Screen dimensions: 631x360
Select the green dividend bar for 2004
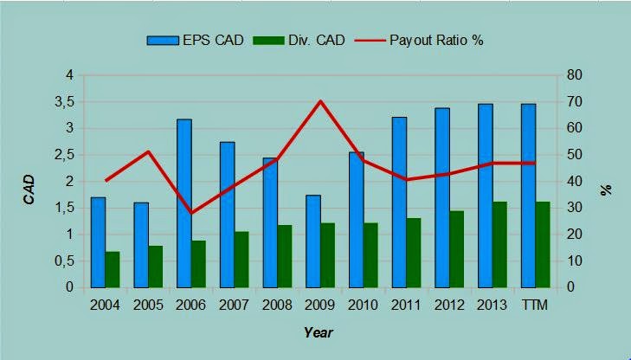coord(113,269)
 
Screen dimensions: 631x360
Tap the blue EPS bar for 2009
coord(313,241)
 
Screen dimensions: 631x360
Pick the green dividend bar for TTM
coord(543,245)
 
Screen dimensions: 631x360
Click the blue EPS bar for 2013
coord(486,196)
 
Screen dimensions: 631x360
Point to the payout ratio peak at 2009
coord(320,100)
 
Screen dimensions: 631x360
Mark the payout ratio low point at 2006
coord(191,213)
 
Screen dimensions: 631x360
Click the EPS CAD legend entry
coord(195,40)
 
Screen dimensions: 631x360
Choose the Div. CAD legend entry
coord(299,40)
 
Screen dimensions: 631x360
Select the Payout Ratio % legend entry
coord(419,40)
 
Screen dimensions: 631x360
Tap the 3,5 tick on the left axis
coord(65,102)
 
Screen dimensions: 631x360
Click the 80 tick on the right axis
coord(574,75)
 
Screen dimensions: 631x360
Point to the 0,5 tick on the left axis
coord(65,261)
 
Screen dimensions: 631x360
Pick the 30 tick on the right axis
coord(574,208)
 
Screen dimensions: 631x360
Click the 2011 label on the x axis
coord(407,305)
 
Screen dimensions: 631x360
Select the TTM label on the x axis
coord(535,305)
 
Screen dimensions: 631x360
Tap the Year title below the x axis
coord(319,332)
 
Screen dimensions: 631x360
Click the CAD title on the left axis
coord(29,190)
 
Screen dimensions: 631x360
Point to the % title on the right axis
coord(607,190)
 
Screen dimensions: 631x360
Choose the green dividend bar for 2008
coord(285,257)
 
